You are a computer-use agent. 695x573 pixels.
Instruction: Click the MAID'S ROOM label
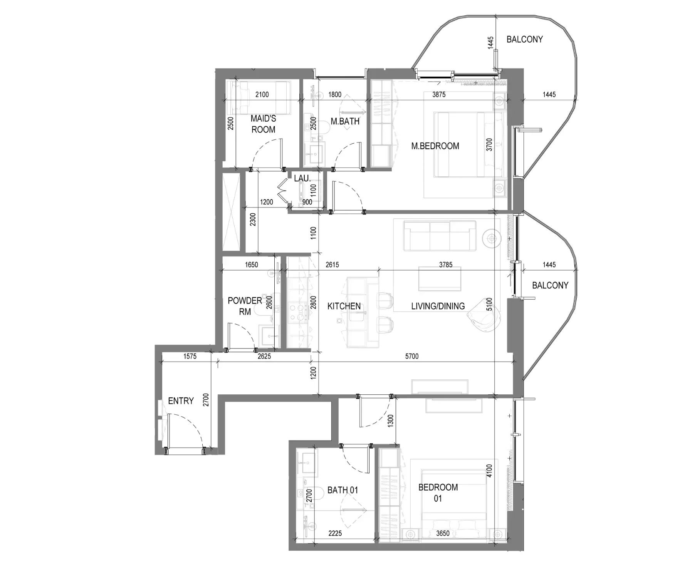pyautogui.click(x=264, y=124)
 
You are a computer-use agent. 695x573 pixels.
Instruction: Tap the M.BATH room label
pyautogui.click(x=345, y=121)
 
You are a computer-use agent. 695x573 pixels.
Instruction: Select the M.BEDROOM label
pyautogui.click(x=435, y=146)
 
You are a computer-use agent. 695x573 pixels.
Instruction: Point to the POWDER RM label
pyautogui.click(x=245, y=306)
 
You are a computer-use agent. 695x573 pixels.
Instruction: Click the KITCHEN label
pyautogui.click(x=344, y=306)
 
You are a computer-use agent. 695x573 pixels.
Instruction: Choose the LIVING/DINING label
pyautogui.click(x=438, y=306)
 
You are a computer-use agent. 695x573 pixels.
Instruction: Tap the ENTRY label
pyautogui.click(x=181, y=401)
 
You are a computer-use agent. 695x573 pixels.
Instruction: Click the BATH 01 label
pyautogui.click(x=342, y=490)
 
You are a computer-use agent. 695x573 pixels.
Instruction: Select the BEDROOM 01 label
pyautogui.click(x=438, y=493)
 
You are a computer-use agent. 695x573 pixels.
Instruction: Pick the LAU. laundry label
pyautogui.click(x=302, y=178)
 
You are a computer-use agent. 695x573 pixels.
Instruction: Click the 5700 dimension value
pyautogui.click(x=412, y=356)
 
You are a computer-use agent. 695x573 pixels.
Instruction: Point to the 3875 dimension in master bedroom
pyautogui.click(x=439, y=94)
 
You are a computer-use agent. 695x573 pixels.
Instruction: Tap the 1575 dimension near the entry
pyautogui.click(x=190, y=356)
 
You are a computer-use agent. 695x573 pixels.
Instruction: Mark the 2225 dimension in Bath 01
pyautogui.click(x=335, y=533)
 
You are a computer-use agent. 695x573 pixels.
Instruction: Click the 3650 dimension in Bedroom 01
pyautogui.click(x=443, y=533)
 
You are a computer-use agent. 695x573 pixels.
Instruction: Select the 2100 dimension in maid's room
pyautogui.click(x=262, y=94)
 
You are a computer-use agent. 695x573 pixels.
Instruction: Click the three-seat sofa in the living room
pyautogui.click(x=440, y=235)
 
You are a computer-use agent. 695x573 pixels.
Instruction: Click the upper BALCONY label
pyautogui.click(x=524, y=39)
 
